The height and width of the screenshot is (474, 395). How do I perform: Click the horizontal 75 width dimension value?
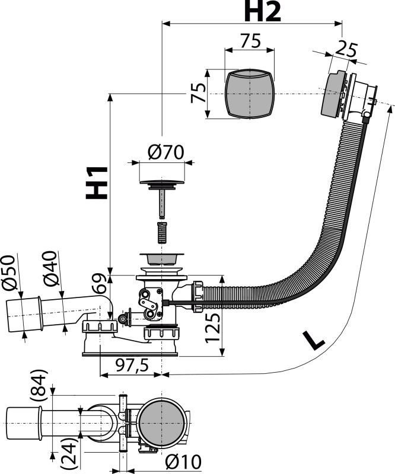point(250,41)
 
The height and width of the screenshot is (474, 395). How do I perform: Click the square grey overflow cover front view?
point(250,93)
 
